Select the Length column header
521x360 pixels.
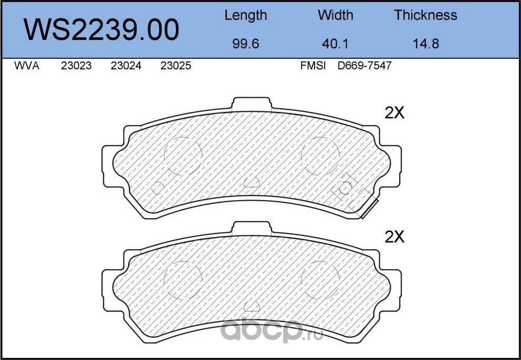(x=245, y=15)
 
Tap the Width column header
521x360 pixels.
(x=335, y=15)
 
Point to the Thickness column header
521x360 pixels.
(x=425, y=15)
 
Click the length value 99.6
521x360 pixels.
(x=245, y=44)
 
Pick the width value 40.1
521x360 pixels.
(x=335, y=44)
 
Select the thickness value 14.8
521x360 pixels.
(x=425, y=44)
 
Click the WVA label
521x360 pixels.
(x=27, y=67)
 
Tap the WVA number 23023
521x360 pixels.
(x=76, y=67)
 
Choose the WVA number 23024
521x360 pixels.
(x=126, y=67)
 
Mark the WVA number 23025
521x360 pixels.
(x=175, y=67)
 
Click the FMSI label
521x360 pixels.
(x=313, y=67)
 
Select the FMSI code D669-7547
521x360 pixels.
(x=365, y=67)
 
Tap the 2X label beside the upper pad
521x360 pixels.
(x=394, y=113)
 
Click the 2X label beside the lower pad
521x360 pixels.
(x=394, y=238)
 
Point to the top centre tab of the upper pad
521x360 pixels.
(x=253, y=105)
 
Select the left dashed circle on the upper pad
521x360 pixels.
(x=183, y=155)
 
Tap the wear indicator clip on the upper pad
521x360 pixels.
(x=367, y=210)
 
